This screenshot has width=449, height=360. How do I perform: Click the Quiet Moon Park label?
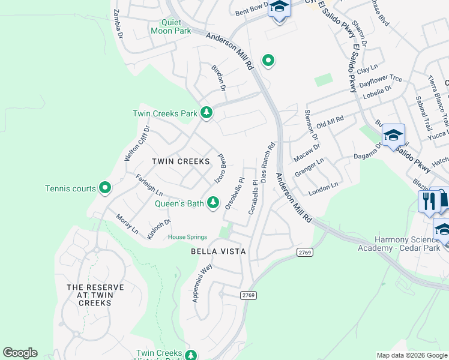(175, 26)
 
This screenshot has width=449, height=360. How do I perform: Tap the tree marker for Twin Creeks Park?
(206, 113)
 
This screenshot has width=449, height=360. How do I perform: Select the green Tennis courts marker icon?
(105, 188)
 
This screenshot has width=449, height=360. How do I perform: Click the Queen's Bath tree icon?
(212, 203)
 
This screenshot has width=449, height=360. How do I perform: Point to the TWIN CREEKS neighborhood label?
(181, 161)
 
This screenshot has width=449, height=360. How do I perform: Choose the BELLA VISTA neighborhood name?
(218, 251)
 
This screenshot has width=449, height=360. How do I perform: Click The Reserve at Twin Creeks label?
(95, 295)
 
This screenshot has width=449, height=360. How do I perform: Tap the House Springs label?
(187, 237)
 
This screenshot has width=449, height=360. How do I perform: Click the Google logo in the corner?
(20, 353)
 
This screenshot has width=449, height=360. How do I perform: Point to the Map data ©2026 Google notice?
(412, 355)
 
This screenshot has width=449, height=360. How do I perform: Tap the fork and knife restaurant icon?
(428, 201)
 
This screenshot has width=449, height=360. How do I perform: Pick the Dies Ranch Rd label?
(267, 163)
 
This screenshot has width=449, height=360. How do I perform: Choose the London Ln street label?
(324, 192)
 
